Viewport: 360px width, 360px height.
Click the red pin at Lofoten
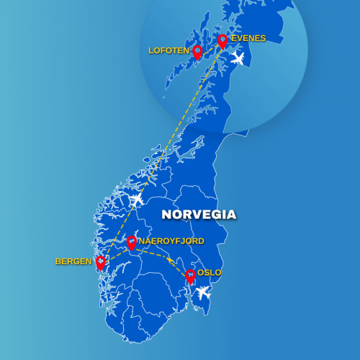[x=197, y=51]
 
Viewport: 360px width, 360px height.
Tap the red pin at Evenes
[x=222, y=40]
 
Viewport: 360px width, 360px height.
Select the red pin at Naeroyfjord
[x=131, y=243]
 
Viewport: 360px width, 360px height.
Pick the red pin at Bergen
[x=100, y=263]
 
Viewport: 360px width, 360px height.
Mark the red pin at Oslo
[x=190, y=275]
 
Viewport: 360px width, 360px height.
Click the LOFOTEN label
[x=168, y=51]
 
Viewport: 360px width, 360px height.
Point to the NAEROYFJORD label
[x=171, y=241]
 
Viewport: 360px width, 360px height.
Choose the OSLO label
[x=210, y=273]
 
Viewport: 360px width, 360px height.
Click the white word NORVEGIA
[x=199, y=215]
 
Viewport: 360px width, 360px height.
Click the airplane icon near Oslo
[x=204, y=292]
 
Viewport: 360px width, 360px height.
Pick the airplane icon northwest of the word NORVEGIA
[x=135, y=199]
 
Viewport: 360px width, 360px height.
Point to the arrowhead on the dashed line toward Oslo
[x=171, y=261]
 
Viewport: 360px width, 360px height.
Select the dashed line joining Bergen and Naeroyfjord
[x=116, y=253]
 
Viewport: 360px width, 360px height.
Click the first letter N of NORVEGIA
[x=166, y=215]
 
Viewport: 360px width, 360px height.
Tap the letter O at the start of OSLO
[x=200, y=273]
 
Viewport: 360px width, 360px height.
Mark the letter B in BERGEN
[x=58, y=261]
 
